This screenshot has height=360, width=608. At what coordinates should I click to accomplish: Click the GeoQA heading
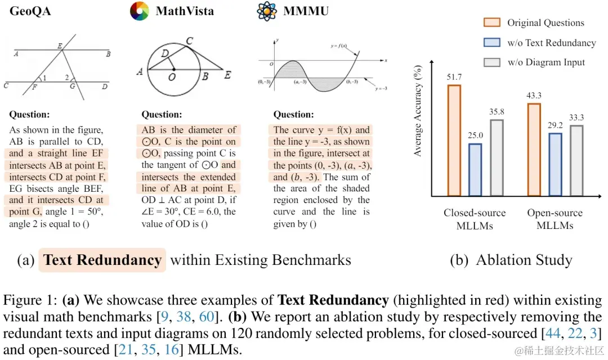point(30,11)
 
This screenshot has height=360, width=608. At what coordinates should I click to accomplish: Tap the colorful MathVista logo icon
point(139,11)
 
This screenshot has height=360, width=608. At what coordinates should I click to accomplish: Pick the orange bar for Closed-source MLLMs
point(454,140)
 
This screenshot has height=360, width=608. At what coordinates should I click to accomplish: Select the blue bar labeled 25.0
point(475,169)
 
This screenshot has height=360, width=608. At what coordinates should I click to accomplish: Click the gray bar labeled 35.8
point(497,157)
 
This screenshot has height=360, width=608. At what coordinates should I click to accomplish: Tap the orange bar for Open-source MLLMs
point(534,149)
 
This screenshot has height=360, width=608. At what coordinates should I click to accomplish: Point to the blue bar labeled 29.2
point(555,164)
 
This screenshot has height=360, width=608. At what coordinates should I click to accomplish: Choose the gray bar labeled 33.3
point(576,160)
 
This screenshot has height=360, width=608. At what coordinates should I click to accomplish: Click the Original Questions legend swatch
point(492,23)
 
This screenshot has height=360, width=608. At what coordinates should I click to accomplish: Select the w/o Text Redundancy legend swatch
point(492,43)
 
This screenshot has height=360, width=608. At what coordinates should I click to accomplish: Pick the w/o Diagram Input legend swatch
point(492,62)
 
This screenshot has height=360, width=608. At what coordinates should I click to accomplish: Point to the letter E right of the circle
point(227,75)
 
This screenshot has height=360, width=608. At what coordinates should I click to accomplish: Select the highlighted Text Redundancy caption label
point(102,260)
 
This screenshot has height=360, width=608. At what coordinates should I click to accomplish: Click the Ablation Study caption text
point(524,260)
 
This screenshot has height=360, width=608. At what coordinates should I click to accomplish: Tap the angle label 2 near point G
point(67,78)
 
